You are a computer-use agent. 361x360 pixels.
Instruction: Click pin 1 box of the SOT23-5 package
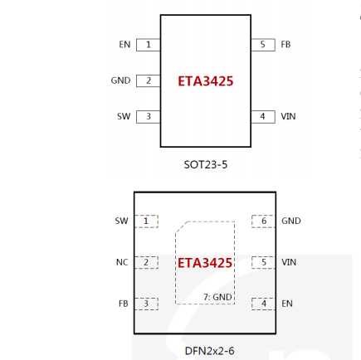(149, 45)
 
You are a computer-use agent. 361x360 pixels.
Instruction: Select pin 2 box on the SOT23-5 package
(149, 80)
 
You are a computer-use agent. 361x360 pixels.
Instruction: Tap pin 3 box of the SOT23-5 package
(149, 117)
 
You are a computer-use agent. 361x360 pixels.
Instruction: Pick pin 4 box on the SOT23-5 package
(263, 117)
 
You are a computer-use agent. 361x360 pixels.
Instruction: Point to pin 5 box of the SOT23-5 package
(263, 45)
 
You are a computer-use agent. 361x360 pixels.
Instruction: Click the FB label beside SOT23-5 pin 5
(285, 45)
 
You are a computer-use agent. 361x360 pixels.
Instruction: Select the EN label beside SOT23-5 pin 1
(124, 45)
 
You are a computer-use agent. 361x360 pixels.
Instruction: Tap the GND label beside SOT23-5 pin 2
(120, 80)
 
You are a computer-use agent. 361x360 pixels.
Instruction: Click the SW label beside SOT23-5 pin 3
(124, 116)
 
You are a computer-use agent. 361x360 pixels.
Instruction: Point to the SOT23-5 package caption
(206, 165)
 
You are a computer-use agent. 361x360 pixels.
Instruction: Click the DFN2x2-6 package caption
(209, 351)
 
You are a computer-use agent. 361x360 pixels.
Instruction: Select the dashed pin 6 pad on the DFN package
(264, 221)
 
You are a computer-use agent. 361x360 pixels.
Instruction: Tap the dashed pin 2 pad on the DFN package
(146, 262)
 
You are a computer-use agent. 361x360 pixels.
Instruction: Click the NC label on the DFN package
(122, 262)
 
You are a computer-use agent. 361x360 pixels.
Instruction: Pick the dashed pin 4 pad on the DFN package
(264, 304)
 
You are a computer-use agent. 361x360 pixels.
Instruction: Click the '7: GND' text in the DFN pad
(217, 297)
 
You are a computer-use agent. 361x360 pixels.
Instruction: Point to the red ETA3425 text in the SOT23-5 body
(206, 81)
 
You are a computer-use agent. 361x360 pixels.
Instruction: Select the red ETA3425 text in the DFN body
(205, 263)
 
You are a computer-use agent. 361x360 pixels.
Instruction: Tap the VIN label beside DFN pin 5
(289, 262)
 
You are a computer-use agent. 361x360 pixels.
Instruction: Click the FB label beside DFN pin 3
(124, 304)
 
